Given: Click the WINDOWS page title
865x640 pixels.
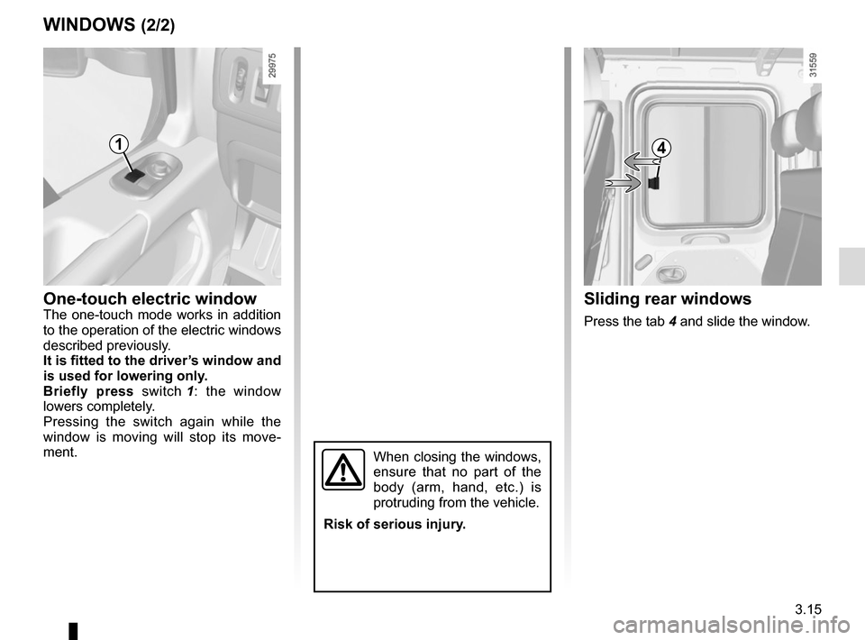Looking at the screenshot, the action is pyautogui.click(x=89, y=25).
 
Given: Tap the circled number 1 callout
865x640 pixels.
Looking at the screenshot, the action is pyautogui.click(x=118, y=144).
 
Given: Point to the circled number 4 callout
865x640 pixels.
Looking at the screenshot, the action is pyautogui.click(x=660, y=148).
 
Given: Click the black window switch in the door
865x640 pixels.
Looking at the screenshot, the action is pyautogui.click(x=134, y=176).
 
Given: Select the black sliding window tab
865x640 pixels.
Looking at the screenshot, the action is pyautogui.click(x=654, y=182).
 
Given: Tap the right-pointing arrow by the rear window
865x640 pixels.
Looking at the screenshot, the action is pyautogui.click(x=623, y=183).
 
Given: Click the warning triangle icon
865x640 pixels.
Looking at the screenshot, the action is pyautogui.click(x=343, y=470).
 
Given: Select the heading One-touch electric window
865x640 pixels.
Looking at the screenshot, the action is pyautogui.click(x=150, y=298).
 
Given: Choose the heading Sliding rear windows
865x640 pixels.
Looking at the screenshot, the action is pyautogui.click(x=668, y=298).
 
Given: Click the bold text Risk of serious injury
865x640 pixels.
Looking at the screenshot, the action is pyautogui.click(x=395, y=524).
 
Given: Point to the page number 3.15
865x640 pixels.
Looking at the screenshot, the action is pyautogui.click(x=808, y=609).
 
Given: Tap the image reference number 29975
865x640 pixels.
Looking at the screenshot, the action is pyautogui.click(x=272, y=65).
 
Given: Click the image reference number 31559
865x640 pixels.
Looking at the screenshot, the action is pyautogui.click(x=813, y=65).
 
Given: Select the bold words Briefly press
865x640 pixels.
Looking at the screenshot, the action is pyautogui.click(x=88, y=392).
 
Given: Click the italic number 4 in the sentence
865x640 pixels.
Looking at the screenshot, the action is pyautogui.click(x=672, y=321).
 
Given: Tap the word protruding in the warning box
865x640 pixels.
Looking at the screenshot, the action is pyautogui.click(x=404, y=503).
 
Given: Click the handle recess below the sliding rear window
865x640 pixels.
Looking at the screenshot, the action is pyautogui.click(x=704, y=238).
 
